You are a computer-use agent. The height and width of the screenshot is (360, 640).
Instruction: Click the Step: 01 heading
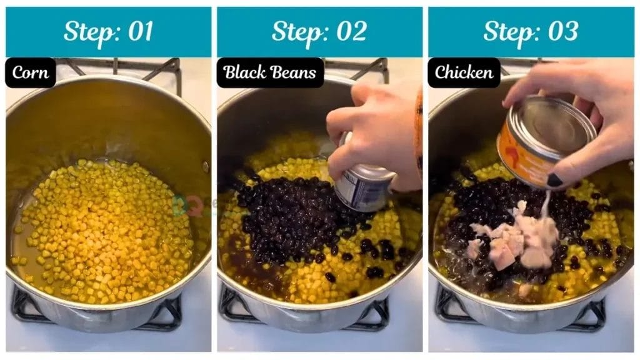108,32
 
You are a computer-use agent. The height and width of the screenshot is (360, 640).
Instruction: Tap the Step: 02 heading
319,32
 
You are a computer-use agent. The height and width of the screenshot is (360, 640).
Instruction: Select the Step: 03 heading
531,32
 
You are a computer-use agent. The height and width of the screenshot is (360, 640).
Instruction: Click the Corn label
31,72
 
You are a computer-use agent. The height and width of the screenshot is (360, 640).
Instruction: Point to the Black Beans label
270,72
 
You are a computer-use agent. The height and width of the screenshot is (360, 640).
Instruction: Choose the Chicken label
464,72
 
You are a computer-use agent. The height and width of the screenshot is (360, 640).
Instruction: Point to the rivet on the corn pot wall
205,166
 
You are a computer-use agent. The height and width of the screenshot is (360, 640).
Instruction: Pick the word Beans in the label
295,72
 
